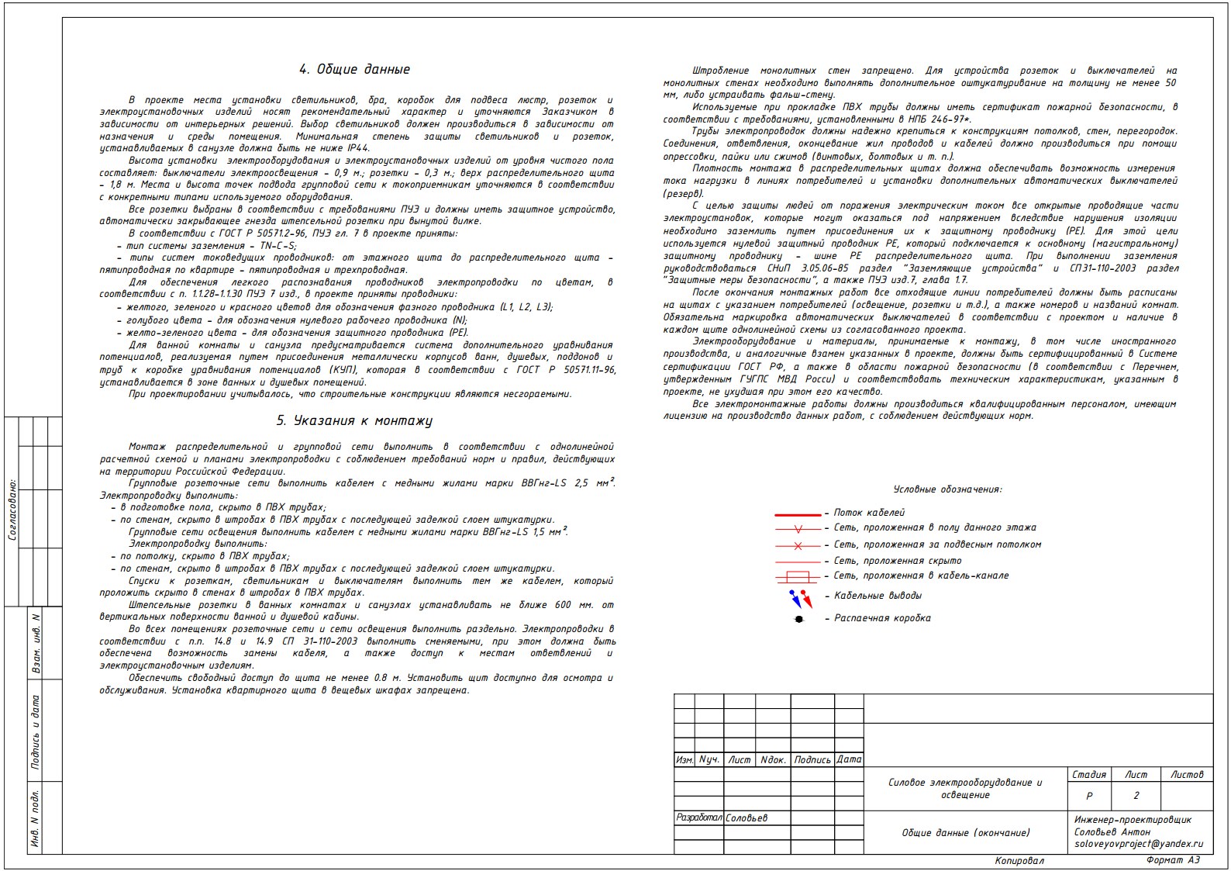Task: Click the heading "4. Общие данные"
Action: (x=354, y=70)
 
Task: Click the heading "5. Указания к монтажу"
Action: (x=354, y=421)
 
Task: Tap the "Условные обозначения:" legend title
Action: (x=947, y=489)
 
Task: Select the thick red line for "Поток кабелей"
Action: (x=798, y=514)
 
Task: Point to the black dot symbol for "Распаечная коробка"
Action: (x=799, y=619)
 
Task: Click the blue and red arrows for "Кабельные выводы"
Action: (x=800, y=599)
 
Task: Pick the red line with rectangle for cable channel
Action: (x=798, y=576)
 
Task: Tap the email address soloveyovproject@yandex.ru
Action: (x=1139, y=844)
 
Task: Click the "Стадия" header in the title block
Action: (x=1089, y=775)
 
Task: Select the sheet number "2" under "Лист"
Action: (x=1136, y=796)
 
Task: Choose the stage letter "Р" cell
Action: (x=1089, y=796)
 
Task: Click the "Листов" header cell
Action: (x=1187, y=775)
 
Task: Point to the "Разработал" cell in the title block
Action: (x=698, y=817)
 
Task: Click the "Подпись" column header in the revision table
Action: (x=812, y=760)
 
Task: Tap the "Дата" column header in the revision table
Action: (x=849, y=760)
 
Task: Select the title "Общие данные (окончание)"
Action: (x=965, y=833)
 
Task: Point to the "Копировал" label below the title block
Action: (x=1019, y=861)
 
